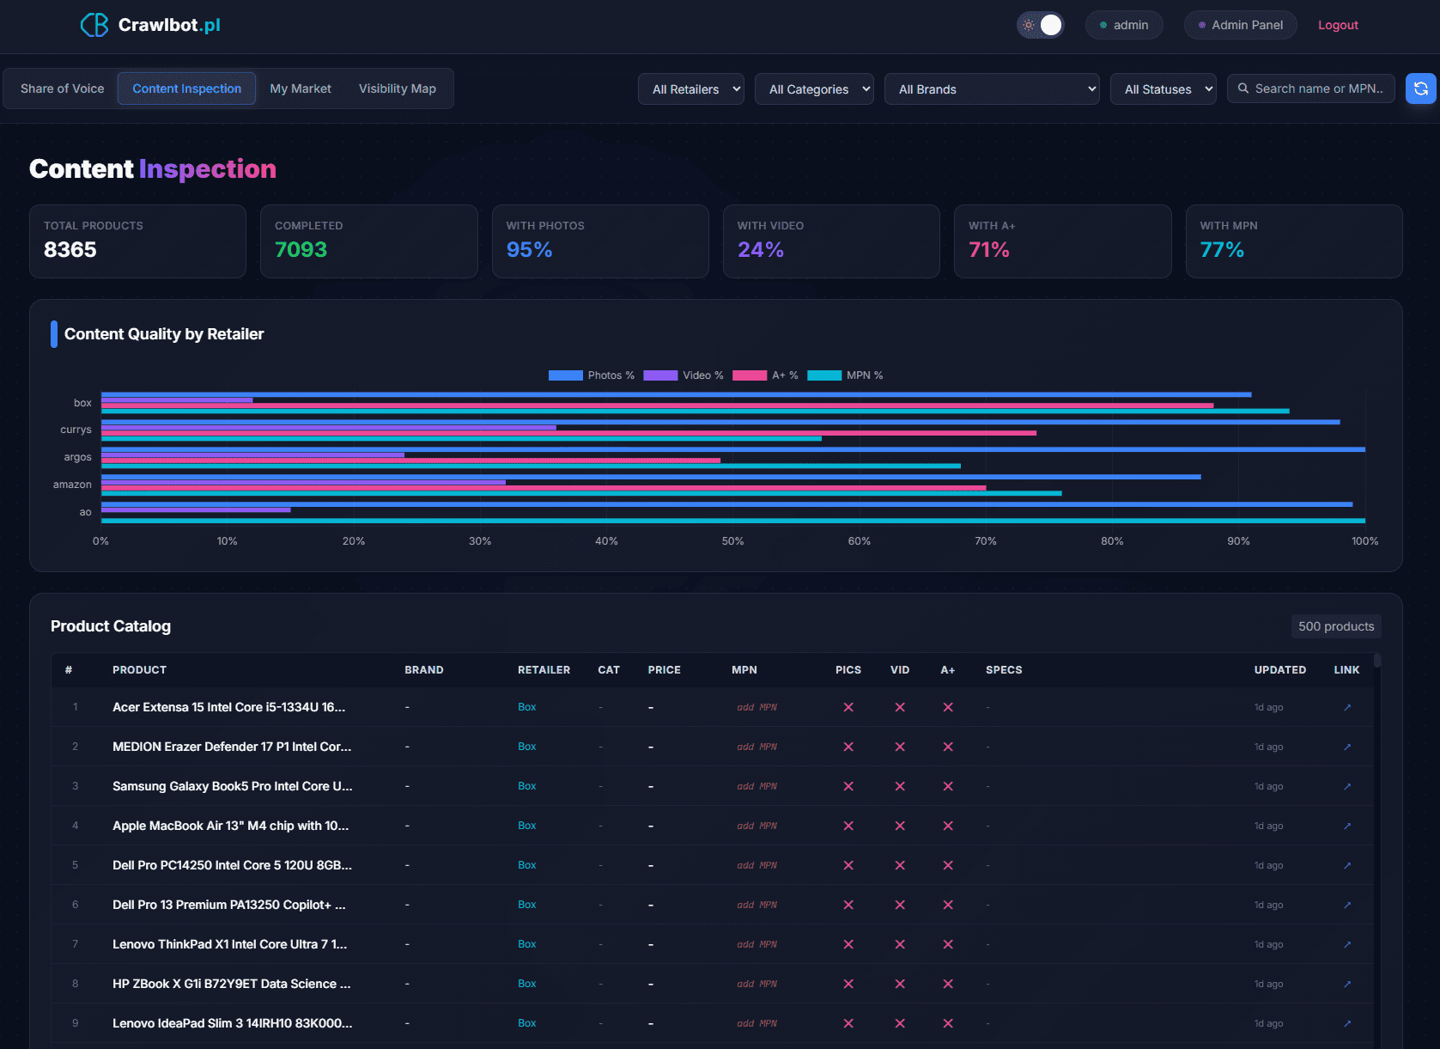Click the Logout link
tap(1337, 25)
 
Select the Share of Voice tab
tap(62, 88)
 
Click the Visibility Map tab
tap(397, 88)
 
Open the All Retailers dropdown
tap(690, 89)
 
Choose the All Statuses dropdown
tap(1163, 89)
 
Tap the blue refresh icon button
tap(1420, 88)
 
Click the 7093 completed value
tap(301, 250)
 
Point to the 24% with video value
tap(760, 250)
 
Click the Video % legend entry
tap(683, 375)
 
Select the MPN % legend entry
tap(845, 375)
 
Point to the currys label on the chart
tap(76, 430)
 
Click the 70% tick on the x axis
tap(985, 541)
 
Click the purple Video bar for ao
tap(196, 509)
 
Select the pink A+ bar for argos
tap(410, 460)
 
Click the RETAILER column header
tap(544, 670)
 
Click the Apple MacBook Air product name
tap(230, 826)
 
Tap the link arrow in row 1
tap(1346, 708)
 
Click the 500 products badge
tap(1335, 626)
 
